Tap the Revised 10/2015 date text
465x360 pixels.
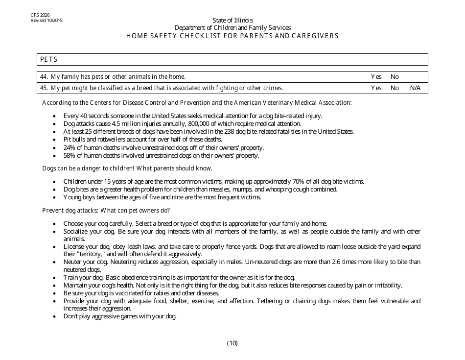46,21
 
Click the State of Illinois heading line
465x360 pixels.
232,20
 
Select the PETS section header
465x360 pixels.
49,59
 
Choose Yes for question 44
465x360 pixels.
376,77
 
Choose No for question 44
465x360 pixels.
395,77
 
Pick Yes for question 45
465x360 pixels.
376,88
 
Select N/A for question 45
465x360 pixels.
415,88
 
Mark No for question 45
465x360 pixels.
395,88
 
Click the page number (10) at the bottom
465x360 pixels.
232,343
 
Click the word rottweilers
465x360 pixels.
102,140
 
